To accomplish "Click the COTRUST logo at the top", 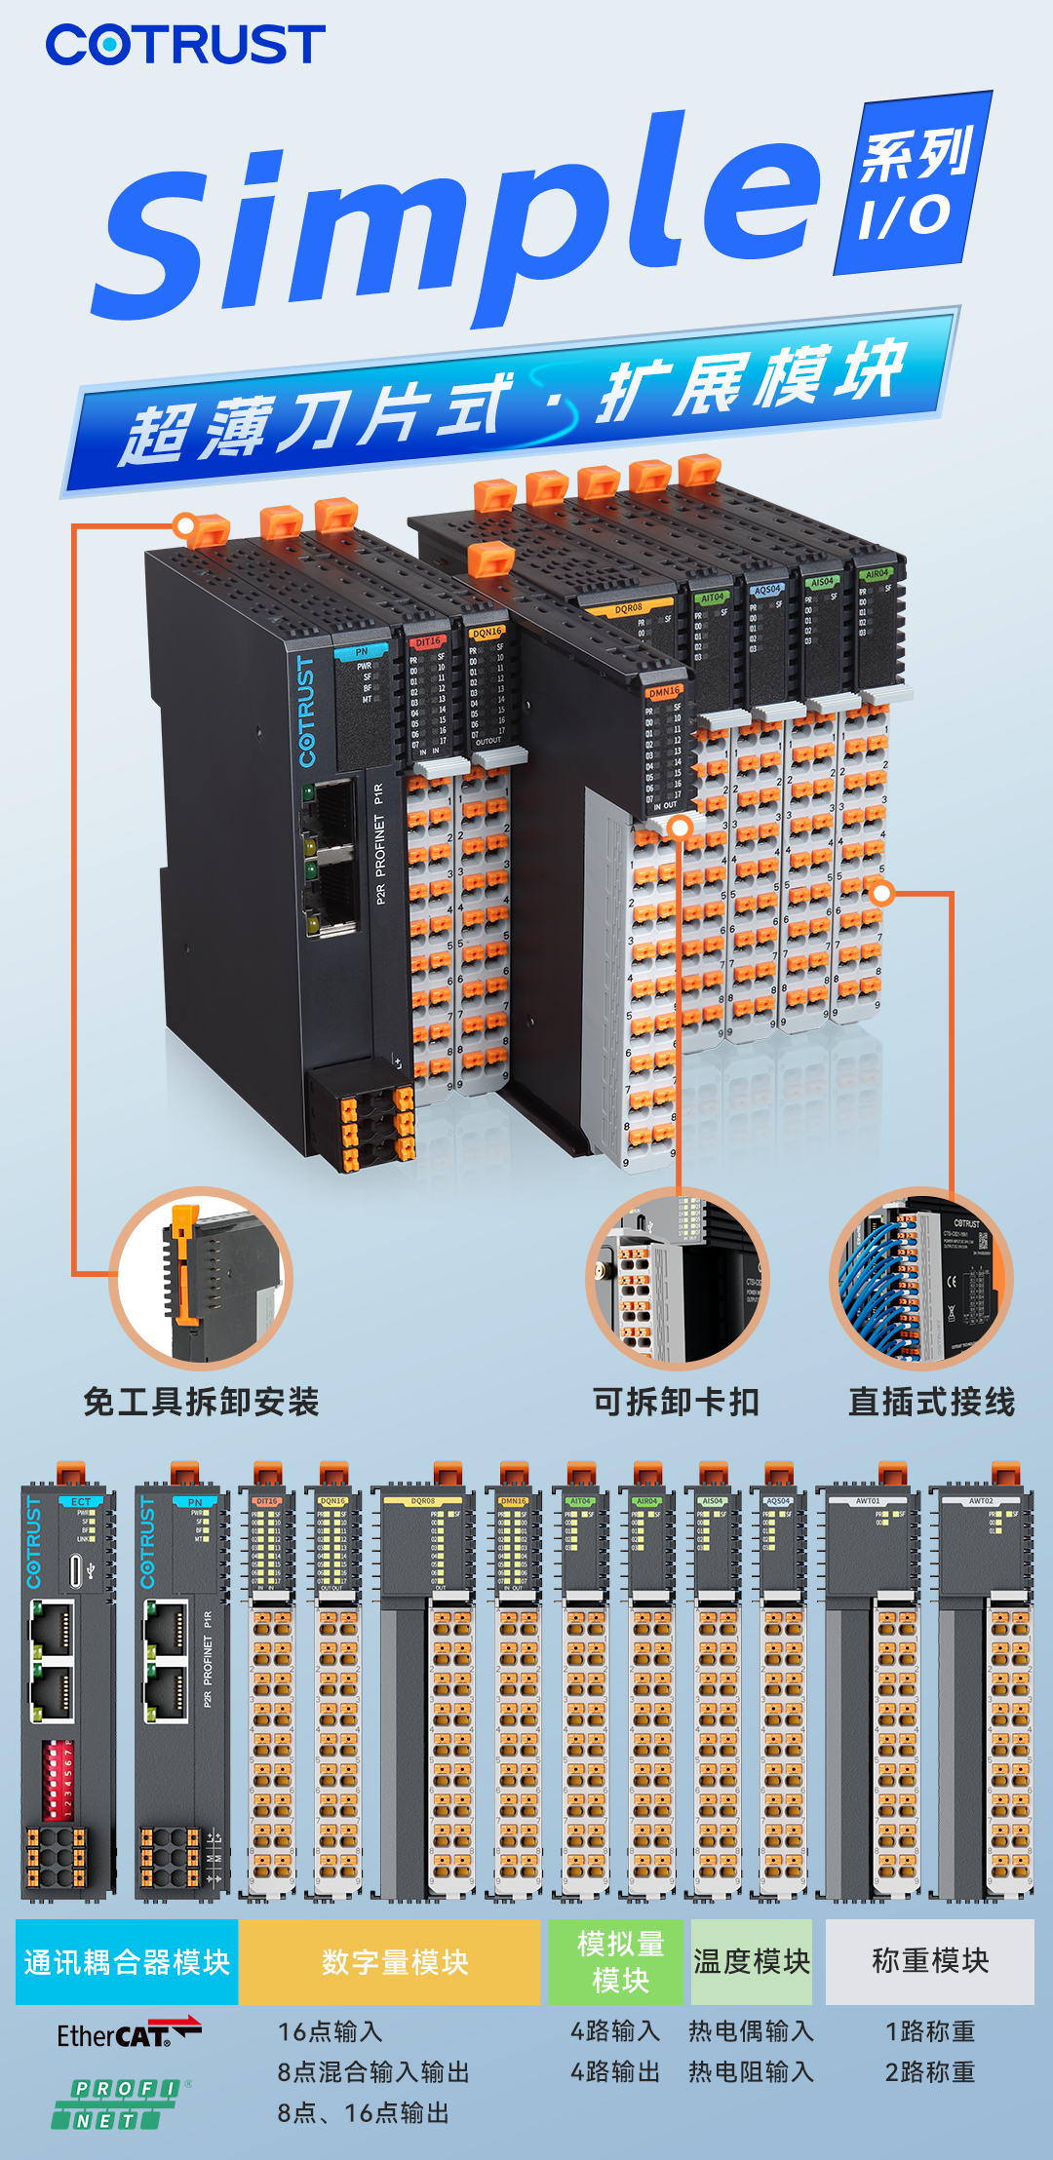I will pyautogui.click(x=185, y=45).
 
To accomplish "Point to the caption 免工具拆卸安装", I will pyautogui.click(x=201, y=1403).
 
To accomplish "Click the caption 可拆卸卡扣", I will pyautogui.click(x=676, y=1403).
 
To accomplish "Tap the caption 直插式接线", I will pyautogui.click(x=931, y=1403).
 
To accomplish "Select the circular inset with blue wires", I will pyautogui.click(x=920, y=1280).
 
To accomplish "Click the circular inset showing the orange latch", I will pyautogui.click(x=201, y=1280).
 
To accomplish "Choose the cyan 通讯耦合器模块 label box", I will pyautogui.click(x=127, y=1962).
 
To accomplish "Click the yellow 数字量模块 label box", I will pyautogui.click(x=394, y=1962).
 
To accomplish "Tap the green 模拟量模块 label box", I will pyautogui.click(x=620, y=1962).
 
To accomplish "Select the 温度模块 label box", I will pyautogui.click(x=752, y=1962).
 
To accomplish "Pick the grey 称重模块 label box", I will pyautogui.click(x=929, y=1962).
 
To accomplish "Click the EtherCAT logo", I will pyautogui.click(x=128, y=2034).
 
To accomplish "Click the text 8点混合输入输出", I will pyautogui.click(x=372, y=2072).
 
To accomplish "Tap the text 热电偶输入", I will pyautogui.click(x=751, y=2031).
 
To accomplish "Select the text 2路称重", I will pyautogui.click(x=929, y=2072).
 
